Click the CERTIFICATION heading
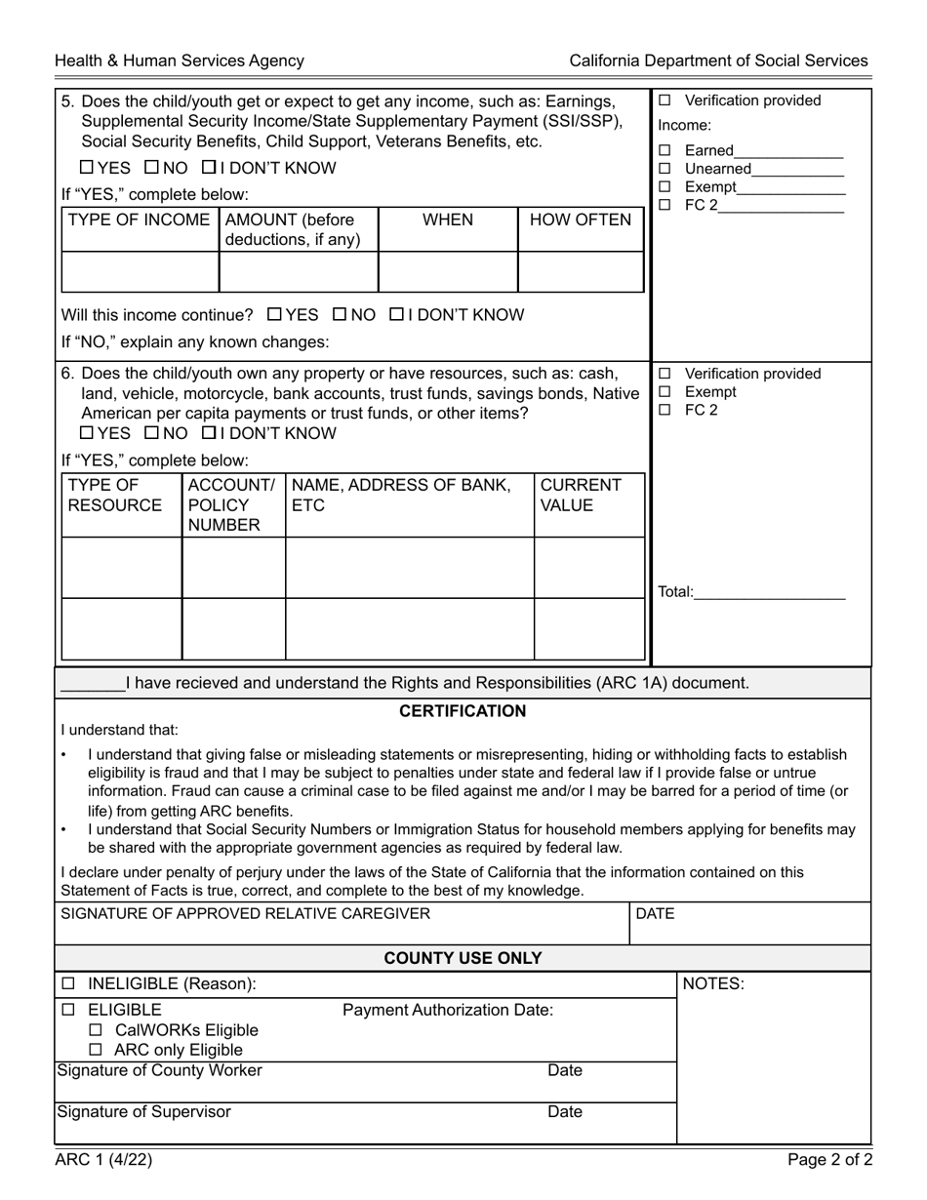[463, 711]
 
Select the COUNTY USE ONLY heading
[463, 958]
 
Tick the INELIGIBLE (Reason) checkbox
[68, 984]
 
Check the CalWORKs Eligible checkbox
[96, 1030]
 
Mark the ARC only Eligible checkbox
[96, 1051]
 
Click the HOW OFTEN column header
[581, 220]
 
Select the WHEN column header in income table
[447, 220]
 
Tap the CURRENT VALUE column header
[581, 496]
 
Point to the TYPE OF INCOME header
[139, 220]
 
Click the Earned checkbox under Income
[665, 150]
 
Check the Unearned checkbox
[665, 169]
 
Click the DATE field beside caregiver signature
[749, 923]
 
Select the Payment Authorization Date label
[448, 1010]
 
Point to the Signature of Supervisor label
[144, 1112]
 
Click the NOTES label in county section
[712, 984]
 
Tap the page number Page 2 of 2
[830, 1160]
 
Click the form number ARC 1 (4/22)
[103, 1160]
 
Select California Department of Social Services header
[718, 60]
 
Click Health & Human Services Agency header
[180, 60]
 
